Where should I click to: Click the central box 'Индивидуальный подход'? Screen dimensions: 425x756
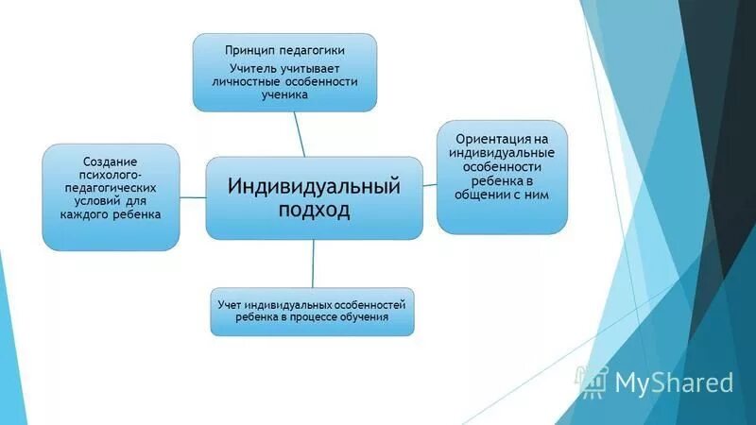tap(315, 197)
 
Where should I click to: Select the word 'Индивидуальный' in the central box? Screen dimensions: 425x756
tap(314, 185)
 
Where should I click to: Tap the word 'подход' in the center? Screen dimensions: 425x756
tap(314, 210)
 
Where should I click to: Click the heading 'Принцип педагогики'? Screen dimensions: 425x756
tap(285, 49)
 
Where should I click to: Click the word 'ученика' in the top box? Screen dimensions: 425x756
tap(285, 95)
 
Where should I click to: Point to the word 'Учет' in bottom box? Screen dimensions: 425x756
tap(230, 304)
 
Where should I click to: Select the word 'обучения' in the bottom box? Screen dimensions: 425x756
tap(387, 317)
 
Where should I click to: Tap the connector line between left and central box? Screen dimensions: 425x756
tap(193, 197)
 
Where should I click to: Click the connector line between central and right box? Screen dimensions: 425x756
tap(429, 185)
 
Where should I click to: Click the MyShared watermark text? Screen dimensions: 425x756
tap(674, 382)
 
